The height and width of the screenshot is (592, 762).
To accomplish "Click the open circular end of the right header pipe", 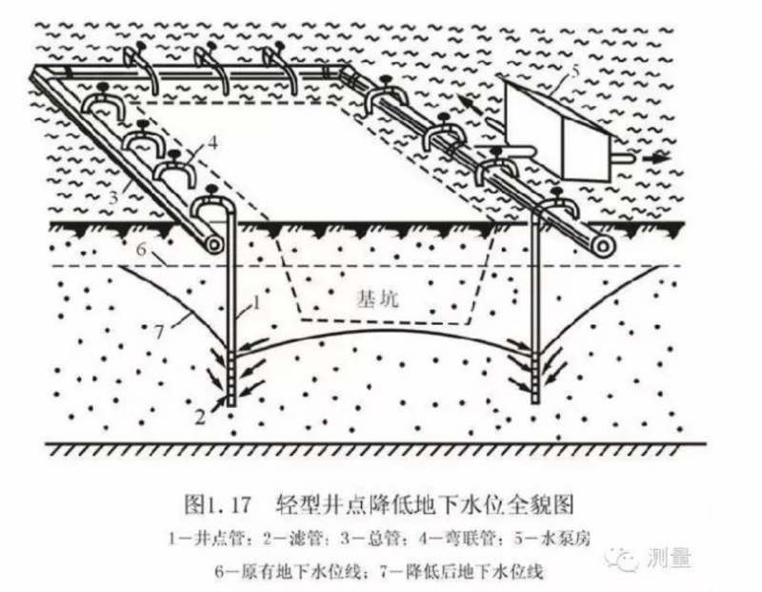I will pyautogui.click(x=601, y=246).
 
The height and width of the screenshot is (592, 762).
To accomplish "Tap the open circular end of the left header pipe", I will pyautogui.click(x=214, y=245).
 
